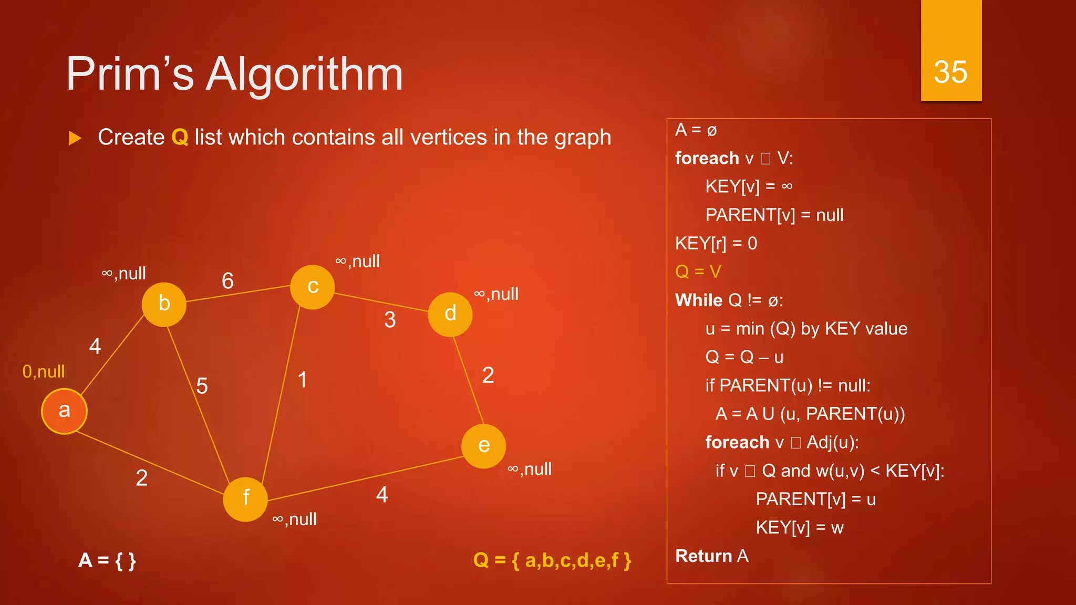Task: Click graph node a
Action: pyautogui.click(x=64, y=411)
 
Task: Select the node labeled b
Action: pyautogui.click(x=164, y=304)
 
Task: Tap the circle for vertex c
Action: pyautogui.click(x=313, y=287)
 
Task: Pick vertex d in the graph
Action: pyautogui.click(x=450, y=314)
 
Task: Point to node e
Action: pyautogui.click(x=483, y=446)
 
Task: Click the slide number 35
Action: pyautogui.click(x=950, y=72)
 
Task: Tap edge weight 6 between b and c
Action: pyautogui.click(x=227, y=281)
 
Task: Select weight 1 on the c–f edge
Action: pyautogui.click(x=302, y=380)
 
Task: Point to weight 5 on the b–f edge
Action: pyautogui.click(x=202, y=386)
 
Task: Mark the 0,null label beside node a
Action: pyautogui.click(x=44, y=372)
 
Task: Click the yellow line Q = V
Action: pyautogui.click(x=698, y=272)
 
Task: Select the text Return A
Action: pyautogui.click(x=711, y=556)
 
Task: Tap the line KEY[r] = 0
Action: pyautogui.click(x=716, y=243)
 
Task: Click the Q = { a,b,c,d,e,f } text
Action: pyautogui.click(x=552, y=560)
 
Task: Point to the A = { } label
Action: pyautogui.click(x=107, y=560)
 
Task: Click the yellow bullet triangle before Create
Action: pyautogui.click(x=75, y=138)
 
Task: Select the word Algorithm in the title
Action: pyautogui.click(x=305, y=75)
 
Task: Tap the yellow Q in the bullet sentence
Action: pyautogui.click(x=180, y=138)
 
